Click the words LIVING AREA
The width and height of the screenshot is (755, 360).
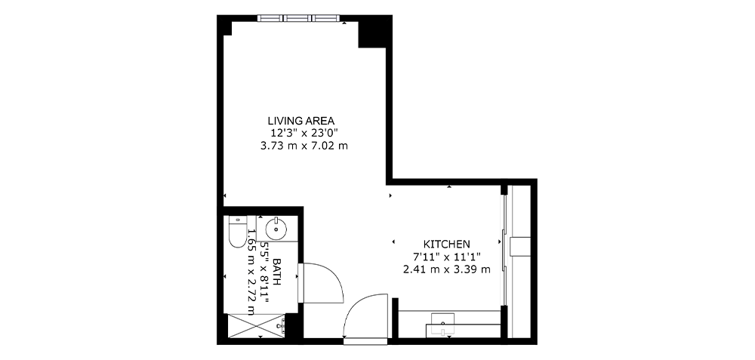point(301,120)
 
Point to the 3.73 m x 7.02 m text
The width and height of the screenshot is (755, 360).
point(304,146)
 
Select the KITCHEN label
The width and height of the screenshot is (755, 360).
point(446,244)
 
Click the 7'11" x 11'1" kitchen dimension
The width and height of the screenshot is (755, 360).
point(446,257)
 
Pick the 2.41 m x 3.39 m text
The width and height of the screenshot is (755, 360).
point(446,269)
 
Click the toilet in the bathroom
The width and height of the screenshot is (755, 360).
point(237,232)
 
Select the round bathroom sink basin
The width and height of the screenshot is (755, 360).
point(276,227)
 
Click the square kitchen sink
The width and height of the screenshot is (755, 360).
point(442,322)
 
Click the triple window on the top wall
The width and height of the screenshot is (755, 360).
point(298,18)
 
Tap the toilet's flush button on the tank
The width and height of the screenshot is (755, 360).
point(237,220)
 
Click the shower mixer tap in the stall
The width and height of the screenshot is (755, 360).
point(282,326)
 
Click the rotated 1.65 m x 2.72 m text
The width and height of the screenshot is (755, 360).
point(251,272)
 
